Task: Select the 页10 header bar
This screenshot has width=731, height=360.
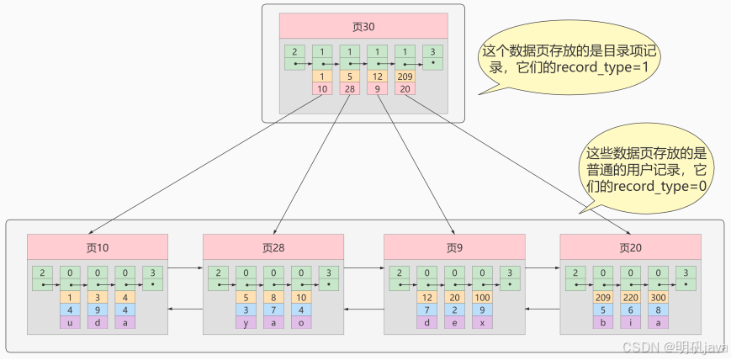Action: pyautogui.click(x=97, y=247)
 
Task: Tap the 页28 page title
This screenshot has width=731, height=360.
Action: pyautogui.click(x=273, y=247)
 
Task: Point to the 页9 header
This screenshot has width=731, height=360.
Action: pyautogui.click(x=454, y=247)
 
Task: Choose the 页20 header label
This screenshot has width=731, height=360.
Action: pyautogui.click(x=630, y=247)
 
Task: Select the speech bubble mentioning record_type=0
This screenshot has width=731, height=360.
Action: pyautogui.click(x=646, y=169)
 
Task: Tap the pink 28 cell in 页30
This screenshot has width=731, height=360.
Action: pyautogui.click(x=348, y=88)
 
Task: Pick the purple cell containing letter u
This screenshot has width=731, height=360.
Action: pyautogui.click(x=70, y=322)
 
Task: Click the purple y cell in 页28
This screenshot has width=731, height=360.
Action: pyautogui.click(x=246, y=322)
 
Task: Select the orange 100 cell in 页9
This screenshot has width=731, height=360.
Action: pyautogui.click(x=483, y=297)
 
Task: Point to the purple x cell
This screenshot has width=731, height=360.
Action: pyautogui.click(x=483, y=322)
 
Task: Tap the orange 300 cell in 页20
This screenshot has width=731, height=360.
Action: pyautogui.click(x=659, y=297)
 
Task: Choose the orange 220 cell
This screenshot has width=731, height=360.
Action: pyautogui.click(x=631, y=297)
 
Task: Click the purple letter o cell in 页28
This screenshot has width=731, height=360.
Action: pyautogui.click(x=301, y=322)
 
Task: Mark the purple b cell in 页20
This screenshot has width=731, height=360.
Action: pyautogui.click(x=603, y=322)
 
